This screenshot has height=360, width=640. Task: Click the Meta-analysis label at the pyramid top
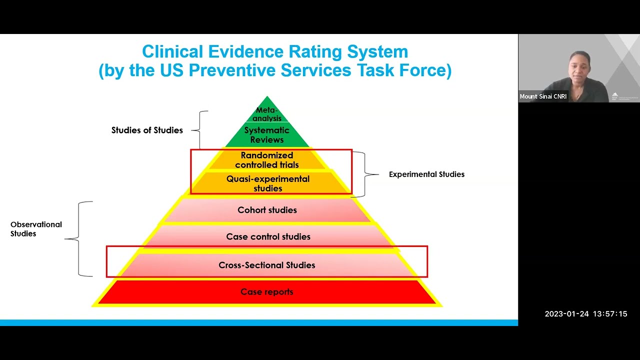(267, 114)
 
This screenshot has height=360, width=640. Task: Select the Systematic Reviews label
(267, 135)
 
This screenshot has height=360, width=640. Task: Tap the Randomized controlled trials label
(267, 160)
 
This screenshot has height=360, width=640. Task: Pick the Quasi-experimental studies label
(268, 183)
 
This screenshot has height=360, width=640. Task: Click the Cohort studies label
(267, 210)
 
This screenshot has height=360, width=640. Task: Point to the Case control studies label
(268, 236)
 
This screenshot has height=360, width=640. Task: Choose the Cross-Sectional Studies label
(267, 265)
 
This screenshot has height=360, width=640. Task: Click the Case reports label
(267, 291)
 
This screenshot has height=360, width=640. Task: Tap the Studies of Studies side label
(147, 130)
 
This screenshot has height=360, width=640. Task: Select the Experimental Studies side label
(426, 174)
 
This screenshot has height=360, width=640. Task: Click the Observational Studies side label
(36, 229)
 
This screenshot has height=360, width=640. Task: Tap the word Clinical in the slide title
(172, 51)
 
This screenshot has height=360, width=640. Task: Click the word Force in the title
(427, 70)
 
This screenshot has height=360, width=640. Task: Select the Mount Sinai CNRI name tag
(543, 96)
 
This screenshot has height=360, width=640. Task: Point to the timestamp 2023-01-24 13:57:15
(585, 314)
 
